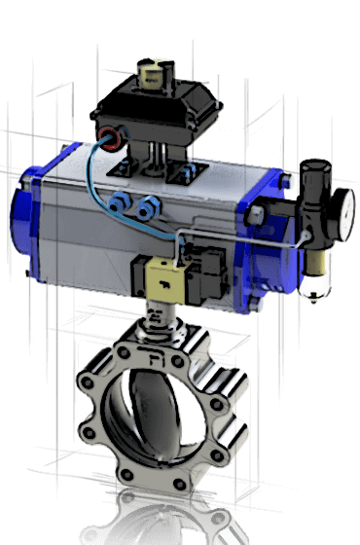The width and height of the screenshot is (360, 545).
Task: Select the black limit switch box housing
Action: (x=161, y=106)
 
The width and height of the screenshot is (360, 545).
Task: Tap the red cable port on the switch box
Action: (x=108, y=136)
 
